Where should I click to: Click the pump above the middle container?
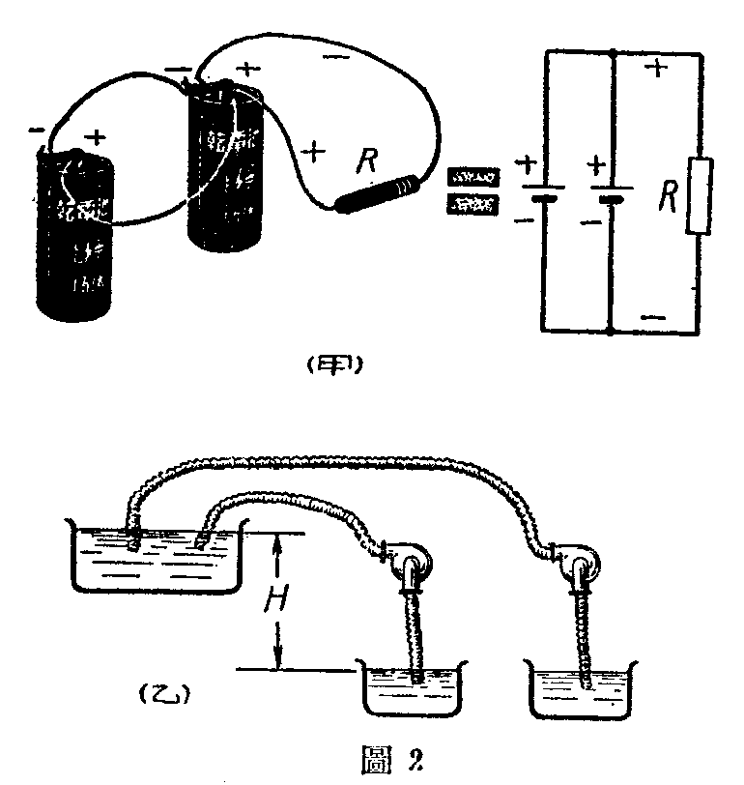coord(411,562)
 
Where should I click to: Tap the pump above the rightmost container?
coord(577,559)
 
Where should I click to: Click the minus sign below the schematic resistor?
coord(653,316)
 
